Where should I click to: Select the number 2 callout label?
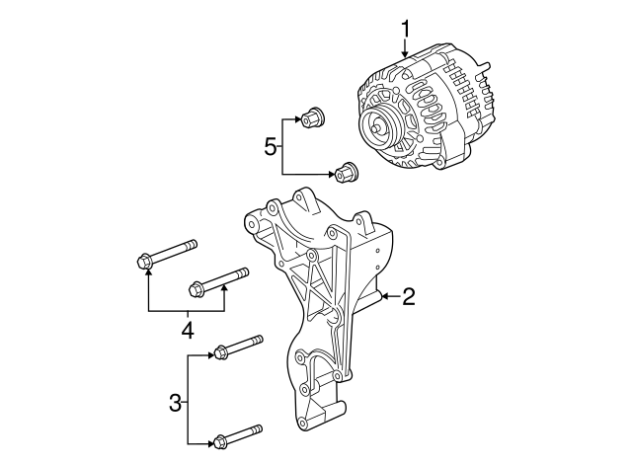(x=409, y=295)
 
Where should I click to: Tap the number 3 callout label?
(x=175, y=403)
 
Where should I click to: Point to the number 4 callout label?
(x=187, y=329)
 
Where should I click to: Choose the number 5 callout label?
(x=270, y=147)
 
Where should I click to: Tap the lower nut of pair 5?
(x=347, y=173)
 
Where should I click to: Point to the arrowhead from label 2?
(x=385, y=295)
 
